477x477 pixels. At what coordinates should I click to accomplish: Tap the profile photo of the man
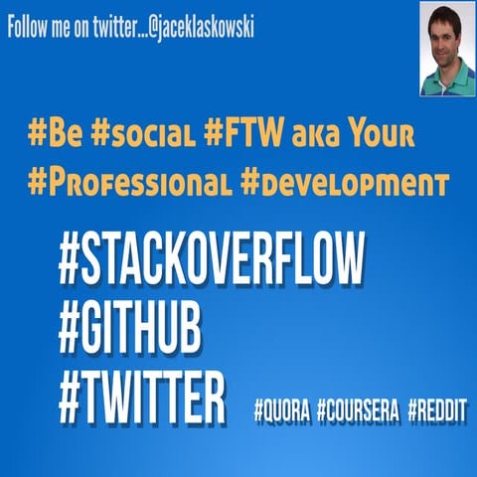coord(446,49)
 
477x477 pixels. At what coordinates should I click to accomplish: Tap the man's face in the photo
coord(446,40)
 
